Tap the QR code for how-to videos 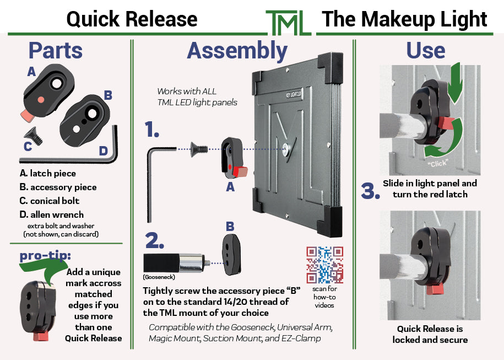pyautogui.click(x=324, y=265)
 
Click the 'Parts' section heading pyautogui.click(x=55, y=51)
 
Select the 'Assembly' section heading pyautogui.click(x=237, y=51)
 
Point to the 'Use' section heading pyautogui.click(x=426, y=51)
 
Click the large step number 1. pyautogui.click(x=152, y=130)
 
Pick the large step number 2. pyautogui.click(x=154, y=241)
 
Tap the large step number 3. pyautogui.click(x=371, y=189)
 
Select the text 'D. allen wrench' pyautogui.click(x=51, y=214)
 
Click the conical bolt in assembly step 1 pyautogui.click(x=199, y=149)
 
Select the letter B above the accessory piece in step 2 pyautogui.click(x=230, y=226)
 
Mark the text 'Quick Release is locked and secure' pyautogui.click(x=430, y=334)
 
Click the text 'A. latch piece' pyautogui.click(x=47, y=174)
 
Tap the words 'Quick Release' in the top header pyautogui.click(x=132, y=19)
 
